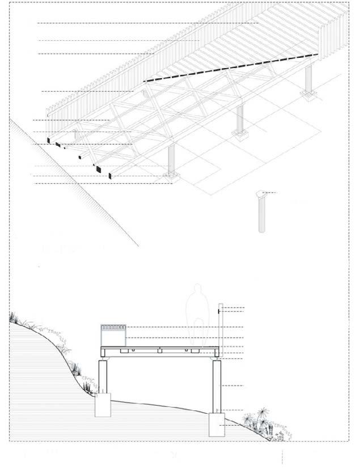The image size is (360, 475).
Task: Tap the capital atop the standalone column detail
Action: point(261,194)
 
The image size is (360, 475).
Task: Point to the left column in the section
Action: point(103,376)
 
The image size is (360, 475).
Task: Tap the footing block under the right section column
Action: point(217,424)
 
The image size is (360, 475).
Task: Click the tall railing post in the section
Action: point(220,329)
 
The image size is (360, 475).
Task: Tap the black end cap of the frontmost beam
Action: point(109,175)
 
